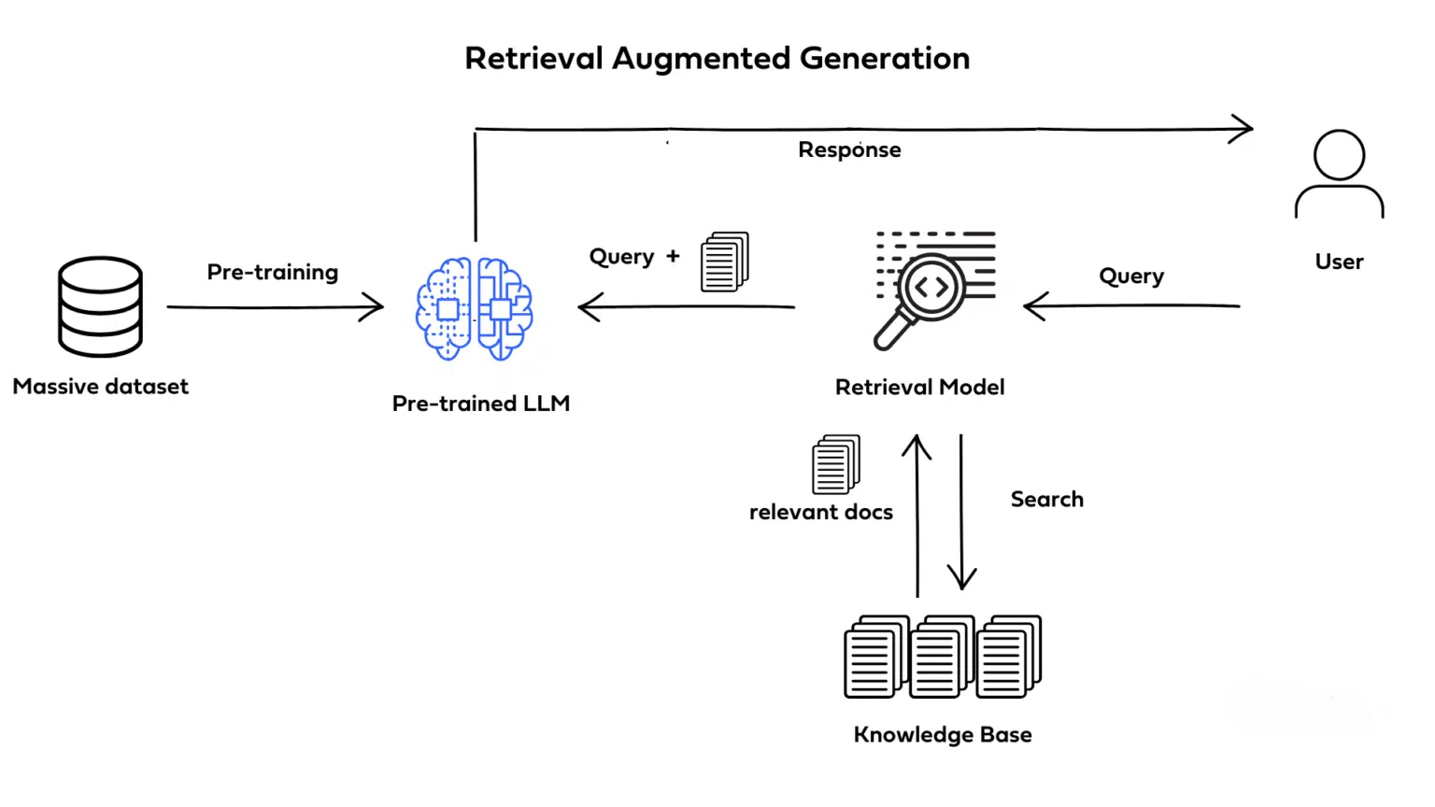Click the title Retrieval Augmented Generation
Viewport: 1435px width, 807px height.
tap(717, 58)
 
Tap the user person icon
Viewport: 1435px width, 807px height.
tap(1339, 175)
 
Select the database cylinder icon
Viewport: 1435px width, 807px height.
tap(100, 306)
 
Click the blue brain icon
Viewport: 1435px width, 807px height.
tap(475, 308)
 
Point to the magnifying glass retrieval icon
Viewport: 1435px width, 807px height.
tap(932, 290)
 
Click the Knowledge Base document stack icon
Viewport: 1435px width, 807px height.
tap(942, 657)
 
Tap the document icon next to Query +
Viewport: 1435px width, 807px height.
tap(725, 262)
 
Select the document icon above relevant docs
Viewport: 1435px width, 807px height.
tap(835, 463)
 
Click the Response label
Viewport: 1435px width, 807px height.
tap(849, 150)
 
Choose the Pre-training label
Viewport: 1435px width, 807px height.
tap(272, 272)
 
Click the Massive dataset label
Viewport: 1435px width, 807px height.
tap(100, 387)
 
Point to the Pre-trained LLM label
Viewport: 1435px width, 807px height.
tap(480, 403)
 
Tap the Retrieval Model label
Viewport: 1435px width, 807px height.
tap(919, 388)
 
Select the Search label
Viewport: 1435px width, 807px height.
tap(1046, 500)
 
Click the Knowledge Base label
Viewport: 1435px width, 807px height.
tap(942, 735)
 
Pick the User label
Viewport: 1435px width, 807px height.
tap(1339, 262)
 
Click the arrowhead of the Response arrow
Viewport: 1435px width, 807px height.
tap(1246, 129)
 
